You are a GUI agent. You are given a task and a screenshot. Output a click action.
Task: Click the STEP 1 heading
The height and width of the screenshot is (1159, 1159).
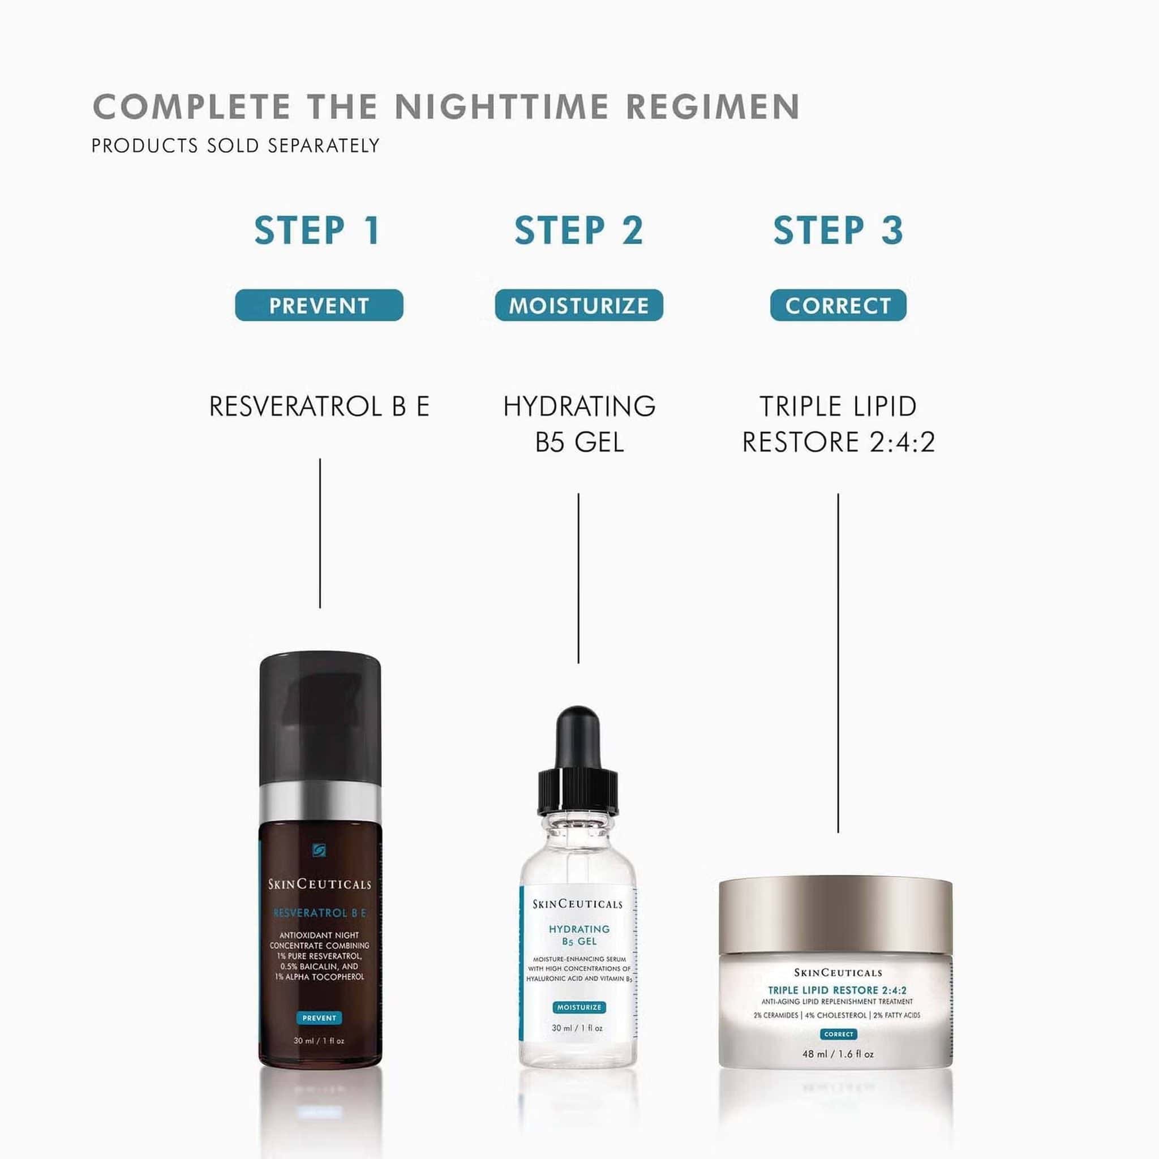[x=318, y=231]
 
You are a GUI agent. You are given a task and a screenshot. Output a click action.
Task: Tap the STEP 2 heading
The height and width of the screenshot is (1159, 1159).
[x=579, y=231]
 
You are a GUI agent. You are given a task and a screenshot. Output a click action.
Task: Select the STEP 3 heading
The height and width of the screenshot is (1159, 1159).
[x=838, y=231]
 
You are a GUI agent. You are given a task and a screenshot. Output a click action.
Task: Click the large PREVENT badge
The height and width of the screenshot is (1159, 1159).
[x=319, y=306]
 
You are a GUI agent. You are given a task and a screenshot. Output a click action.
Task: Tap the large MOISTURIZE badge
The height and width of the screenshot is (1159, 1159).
[x=579, y=306]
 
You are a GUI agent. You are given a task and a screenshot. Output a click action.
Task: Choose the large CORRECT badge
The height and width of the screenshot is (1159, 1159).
[x=838, y=306]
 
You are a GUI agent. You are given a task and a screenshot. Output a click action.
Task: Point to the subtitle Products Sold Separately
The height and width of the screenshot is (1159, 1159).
[x=235, y=146]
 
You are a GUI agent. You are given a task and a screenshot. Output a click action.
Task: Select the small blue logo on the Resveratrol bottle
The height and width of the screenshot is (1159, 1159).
[x=319, y=851]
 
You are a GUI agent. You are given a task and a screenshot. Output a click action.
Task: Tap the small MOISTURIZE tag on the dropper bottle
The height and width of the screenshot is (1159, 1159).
[x=578, y=1007]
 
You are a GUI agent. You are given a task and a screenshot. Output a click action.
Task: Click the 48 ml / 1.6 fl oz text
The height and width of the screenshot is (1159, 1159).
[x=838, y=1054]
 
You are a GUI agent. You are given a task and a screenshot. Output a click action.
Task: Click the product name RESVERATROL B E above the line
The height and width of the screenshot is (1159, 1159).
[x=319, y=407]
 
